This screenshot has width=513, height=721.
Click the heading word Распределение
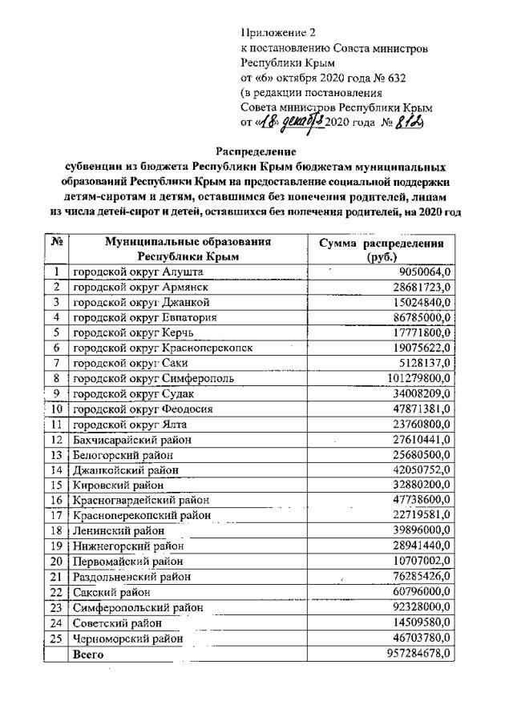click(256, 151)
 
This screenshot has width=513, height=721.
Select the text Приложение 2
click(279, 33)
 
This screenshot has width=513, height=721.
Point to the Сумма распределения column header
click(382, 249)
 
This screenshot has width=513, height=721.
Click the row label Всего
click(88, 653)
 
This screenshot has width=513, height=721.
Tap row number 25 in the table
click(57, 638)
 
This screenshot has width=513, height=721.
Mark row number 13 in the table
click(57, 454)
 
